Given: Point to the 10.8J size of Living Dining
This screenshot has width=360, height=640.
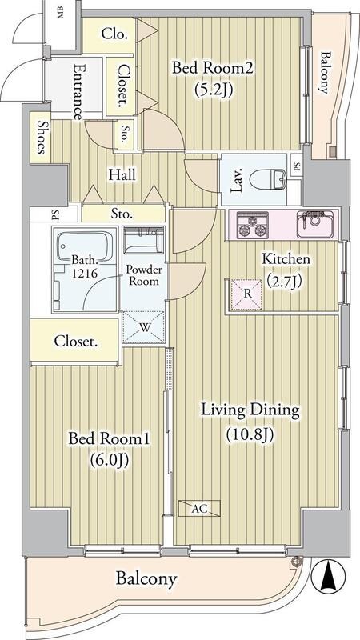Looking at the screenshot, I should click(x=249, y=434).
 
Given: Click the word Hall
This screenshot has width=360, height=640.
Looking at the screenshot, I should click(x=122, y=174).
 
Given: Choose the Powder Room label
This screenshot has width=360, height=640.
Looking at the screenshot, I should click(x=144, y=276).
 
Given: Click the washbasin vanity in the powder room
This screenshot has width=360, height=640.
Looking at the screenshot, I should click(x=144, y=239).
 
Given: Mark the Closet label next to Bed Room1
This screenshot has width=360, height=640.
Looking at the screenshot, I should click(x=76, y=342).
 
